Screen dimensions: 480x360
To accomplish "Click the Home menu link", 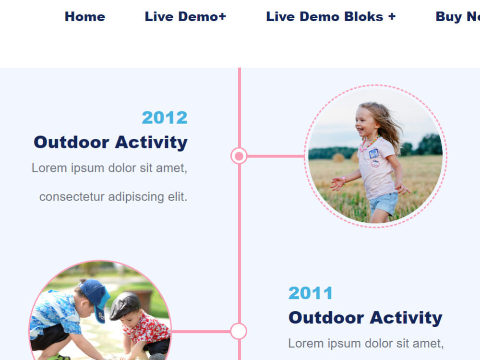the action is [85, 16].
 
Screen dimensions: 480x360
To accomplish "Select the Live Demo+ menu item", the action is [185, 16].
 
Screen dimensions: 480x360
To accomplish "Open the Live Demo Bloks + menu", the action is [331, 16].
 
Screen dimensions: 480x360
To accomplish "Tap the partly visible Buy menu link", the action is [457, 17].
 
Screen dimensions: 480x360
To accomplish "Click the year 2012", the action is [165, 118].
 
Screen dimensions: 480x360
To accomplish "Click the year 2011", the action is [311, 293].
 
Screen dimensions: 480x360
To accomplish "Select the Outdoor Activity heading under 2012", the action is [110, 143].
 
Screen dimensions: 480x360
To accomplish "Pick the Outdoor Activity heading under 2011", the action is [365, 317].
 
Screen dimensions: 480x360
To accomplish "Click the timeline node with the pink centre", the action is [239, 156].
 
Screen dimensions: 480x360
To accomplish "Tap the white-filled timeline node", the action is [239, 331].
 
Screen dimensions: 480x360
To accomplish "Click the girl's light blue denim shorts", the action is [384, 203].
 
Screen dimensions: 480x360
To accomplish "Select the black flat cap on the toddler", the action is [125, 305].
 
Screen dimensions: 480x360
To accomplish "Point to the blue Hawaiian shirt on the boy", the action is [55, 312].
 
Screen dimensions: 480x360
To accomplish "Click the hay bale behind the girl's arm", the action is [338, 157].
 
